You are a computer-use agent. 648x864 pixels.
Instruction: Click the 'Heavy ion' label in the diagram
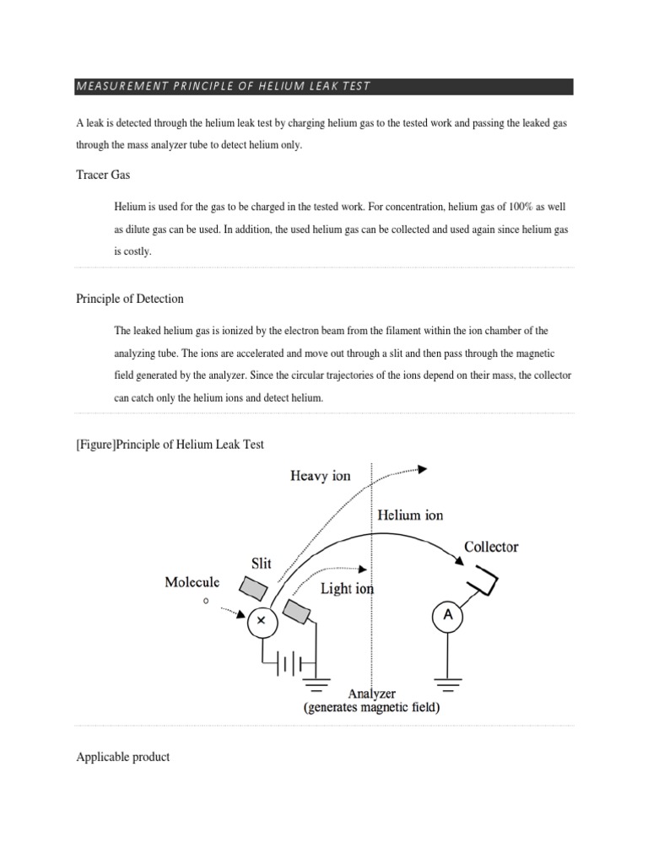click(x=320, y=476)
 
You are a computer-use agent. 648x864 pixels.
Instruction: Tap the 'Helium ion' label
click(x=410, y=515)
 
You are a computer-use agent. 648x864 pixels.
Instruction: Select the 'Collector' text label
click(x=491, y=547)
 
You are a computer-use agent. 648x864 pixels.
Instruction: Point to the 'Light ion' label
click(x=347, y=589)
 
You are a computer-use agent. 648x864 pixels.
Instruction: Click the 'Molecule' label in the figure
click(x=192, y=582)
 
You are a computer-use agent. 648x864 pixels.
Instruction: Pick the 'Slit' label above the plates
click(x=262, y=563)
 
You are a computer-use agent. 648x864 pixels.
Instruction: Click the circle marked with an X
click(x=261, y=620)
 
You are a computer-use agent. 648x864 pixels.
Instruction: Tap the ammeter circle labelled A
click(x=447, y=617)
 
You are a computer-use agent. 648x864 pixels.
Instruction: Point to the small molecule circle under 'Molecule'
click(x=205, y=602)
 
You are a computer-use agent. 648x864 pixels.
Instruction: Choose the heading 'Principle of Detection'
click(x=130, y=299)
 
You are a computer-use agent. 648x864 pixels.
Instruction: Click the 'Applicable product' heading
click(x=122, y=757)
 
